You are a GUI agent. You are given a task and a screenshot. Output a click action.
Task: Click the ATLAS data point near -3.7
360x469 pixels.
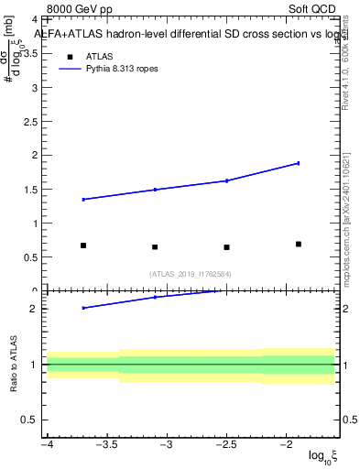[x=83, y=245]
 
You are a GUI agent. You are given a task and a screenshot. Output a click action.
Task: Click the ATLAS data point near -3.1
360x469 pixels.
[x=155, y=246]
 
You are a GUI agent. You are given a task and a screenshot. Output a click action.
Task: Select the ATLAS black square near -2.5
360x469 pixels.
[x=226, y=246]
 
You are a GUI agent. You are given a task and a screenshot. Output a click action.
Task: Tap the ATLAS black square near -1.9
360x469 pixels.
[x=299, y=244]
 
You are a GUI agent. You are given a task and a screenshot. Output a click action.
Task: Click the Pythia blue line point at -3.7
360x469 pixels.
[x=83, y=199]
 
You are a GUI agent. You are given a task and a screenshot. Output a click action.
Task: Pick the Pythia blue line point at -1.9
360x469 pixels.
[x=299, y=163]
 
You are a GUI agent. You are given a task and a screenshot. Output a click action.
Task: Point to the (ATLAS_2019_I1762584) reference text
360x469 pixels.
[x=191, y=273]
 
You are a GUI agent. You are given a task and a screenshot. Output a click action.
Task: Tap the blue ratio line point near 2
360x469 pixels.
[x=83, y=308]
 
